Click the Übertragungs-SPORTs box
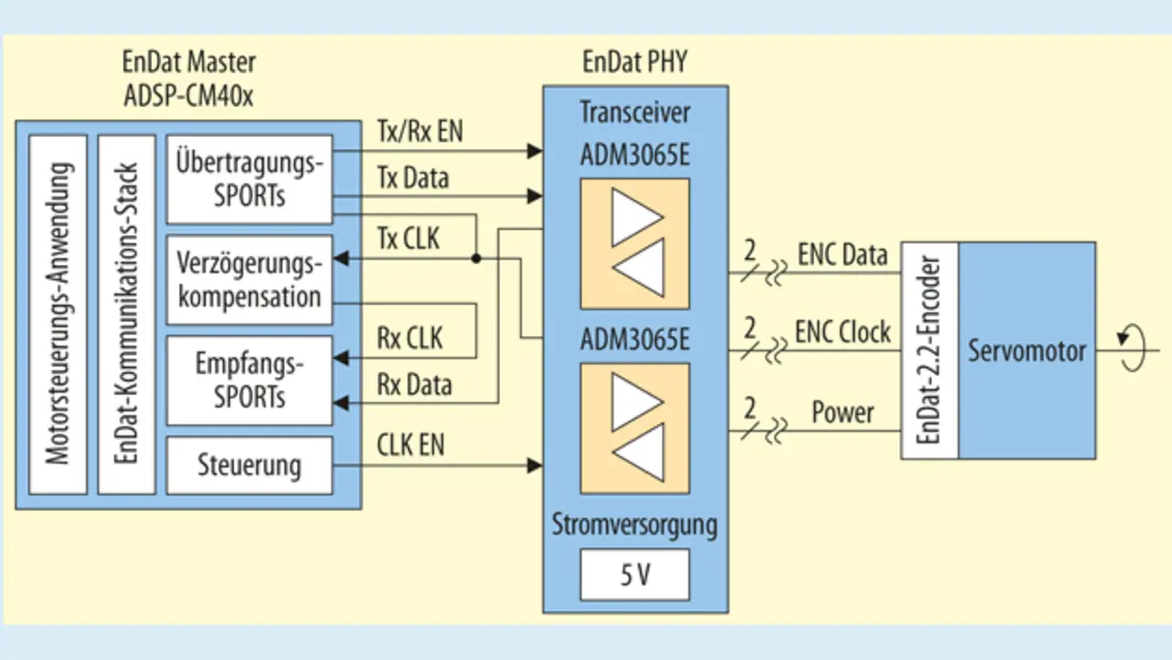(x=249, y=179)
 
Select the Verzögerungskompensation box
(x=249, y=280)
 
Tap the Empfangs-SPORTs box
(x=249, y=380)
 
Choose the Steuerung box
(x=249, y=465)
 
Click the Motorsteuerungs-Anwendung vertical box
(x=59, y=314)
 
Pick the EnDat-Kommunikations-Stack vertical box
(x=127, y=314)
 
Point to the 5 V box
(x=635, y=577)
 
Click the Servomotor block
(x=1026, y=350)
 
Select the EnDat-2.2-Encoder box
(x=929, y=350)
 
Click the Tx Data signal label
(x=412, y=178)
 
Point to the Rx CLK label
(x=409, y=339)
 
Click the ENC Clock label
(x=842, y=332)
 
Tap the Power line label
(x=842, y=413)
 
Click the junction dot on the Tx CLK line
(x=476, y=259)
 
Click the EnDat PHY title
(x=635, y=62)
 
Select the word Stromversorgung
(x=635, y=526)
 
